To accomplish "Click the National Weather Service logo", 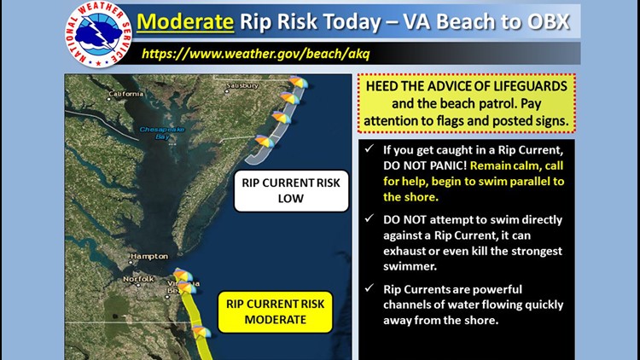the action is pos(98,34).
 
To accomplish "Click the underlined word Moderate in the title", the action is pos(185,21).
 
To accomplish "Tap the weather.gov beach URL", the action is pos(255,54).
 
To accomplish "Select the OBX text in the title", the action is pos(548,21).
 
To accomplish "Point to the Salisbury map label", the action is pos(242,85).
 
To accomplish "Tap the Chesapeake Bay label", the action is pos(162,132).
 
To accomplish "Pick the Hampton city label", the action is pos(149,256).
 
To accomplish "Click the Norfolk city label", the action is pos(139,279).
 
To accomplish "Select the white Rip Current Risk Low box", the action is pos(291,190).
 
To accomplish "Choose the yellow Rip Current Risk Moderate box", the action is pos(276,312).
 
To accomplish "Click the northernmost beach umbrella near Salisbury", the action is pos(299,82).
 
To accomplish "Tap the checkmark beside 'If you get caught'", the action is pos(369,148).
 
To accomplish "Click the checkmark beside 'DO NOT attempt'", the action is pos(369,218).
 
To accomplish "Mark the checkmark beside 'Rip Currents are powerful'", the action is pos(369,287).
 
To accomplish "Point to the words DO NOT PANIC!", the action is pos(425,165).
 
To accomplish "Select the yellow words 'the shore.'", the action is pos(410,197).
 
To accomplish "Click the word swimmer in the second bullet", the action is pos(410,266).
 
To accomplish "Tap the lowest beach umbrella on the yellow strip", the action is pos(201,332).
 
